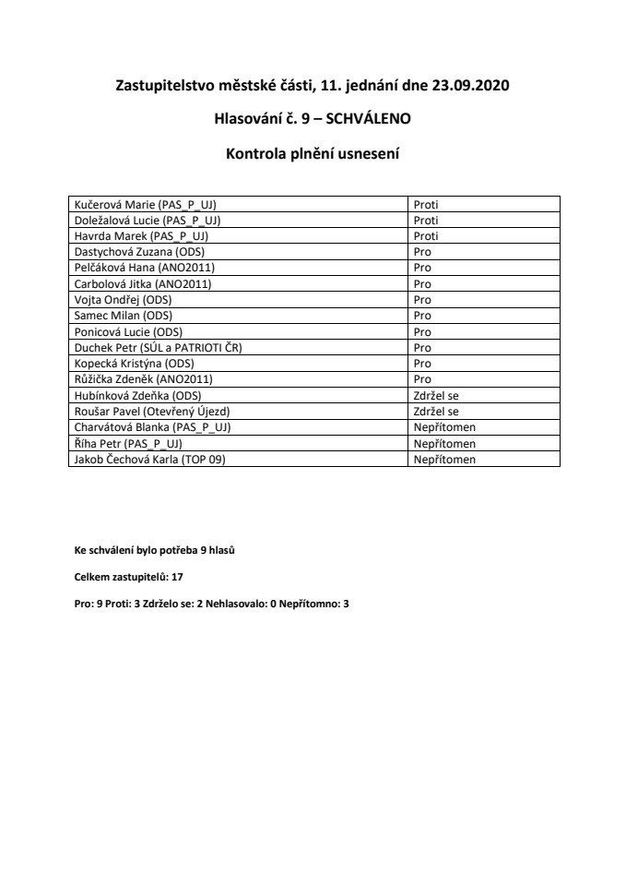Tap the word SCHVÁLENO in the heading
356,119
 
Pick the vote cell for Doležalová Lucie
426,221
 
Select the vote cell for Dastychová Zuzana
423,250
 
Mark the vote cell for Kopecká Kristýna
423,364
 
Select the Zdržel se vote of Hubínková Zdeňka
436,395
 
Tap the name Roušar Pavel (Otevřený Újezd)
154,411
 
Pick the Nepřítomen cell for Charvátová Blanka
444,426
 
